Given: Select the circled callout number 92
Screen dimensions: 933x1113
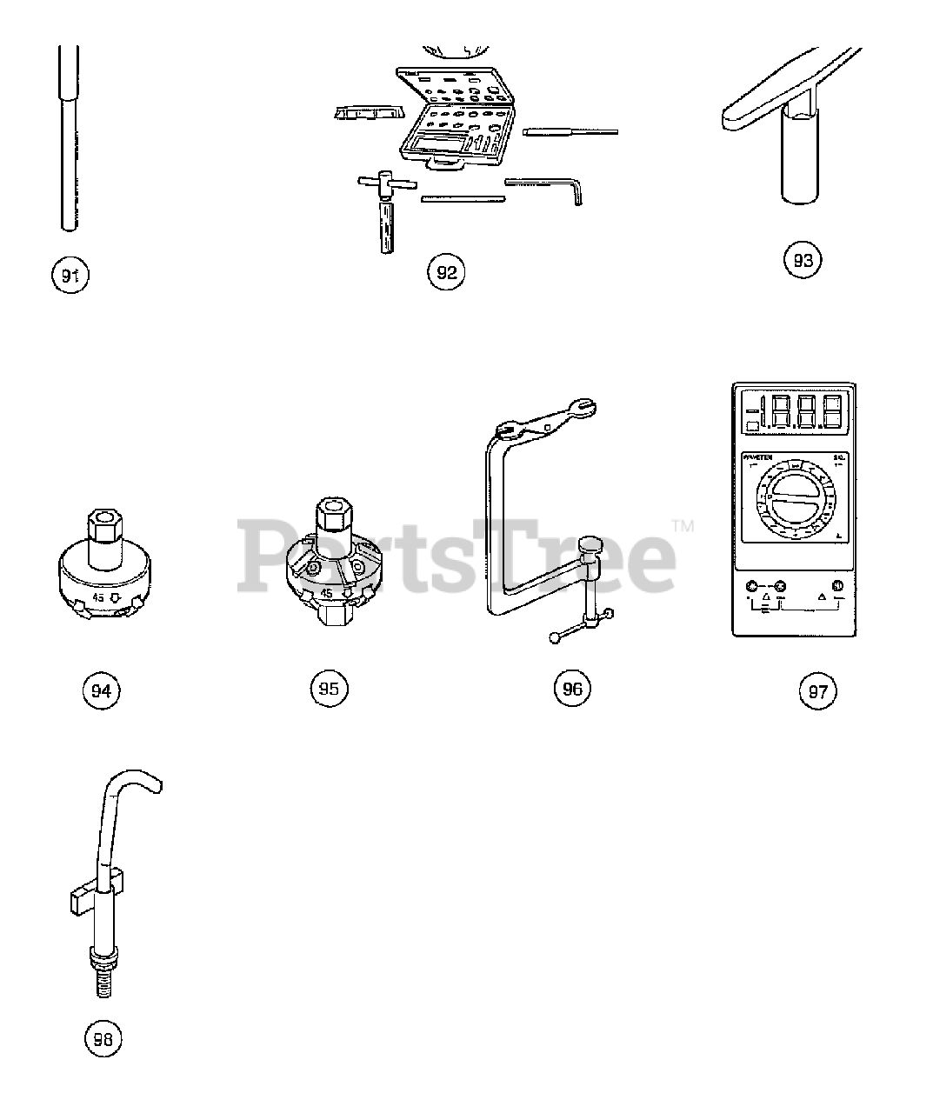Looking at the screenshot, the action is pos(445,272).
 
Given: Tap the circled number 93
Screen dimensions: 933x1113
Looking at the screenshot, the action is pos(803,259).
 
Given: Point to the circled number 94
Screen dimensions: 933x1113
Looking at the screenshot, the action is pos(101,691).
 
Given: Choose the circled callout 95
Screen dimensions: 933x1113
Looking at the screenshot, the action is pos(329,688).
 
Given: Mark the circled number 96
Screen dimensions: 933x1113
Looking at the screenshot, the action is pos(571,689).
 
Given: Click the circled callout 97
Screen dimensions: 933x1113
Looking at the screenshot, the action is pos(818,691).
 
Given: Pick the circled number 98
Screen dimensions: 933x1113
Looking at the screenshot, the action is pos(103,1038).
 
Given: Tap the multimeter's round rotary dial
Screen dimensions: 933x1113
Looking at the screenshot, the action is pos(791,503).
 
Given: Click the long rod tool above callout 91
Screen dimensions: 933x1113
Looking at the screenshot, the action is pos(69,139).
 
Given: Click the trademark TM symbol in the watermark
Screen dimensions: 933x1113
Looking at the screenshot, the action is pos(683,526).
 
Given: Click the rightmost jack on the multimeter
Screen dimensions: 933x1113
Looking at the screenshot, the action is pos(837,585).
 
